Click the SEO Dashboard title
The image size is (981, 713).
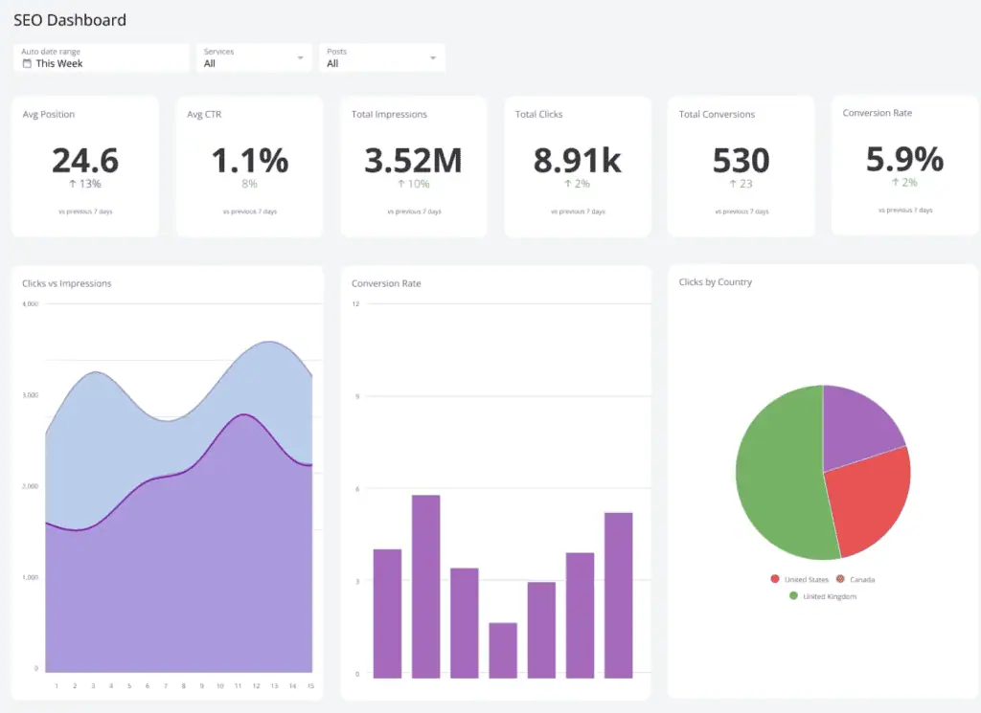(69, 19)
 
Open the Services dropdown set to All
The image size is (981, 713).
(254, 57)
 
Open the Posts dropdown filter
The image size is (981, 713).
(381, 57)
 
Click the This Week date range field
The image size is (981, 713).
(101, 58)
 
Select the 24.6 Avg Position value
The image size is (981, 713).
(85, 160)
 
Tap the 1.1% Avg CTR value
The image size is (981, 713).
(249, 160)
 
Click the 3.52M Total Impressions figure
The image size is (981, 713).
(413, 160)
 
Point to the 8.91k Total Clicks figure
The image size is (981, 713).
(577, 160)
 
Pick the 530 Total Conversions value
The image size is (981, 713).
(741, 160)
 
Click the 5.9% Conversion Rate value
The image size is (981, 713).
(904, 158)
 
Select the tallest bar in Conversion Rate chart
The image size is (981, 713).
(425, 586)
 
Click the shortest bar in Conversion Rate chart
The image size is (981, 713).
(503, 650)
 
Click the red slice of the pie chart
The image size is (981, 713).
(866, 502)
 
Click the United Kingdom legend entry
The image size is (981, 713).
(829, 596)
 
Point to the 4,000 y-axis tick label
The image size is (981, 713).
(30, 304)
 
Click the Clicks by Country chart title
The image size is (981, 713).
(715, 282)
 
